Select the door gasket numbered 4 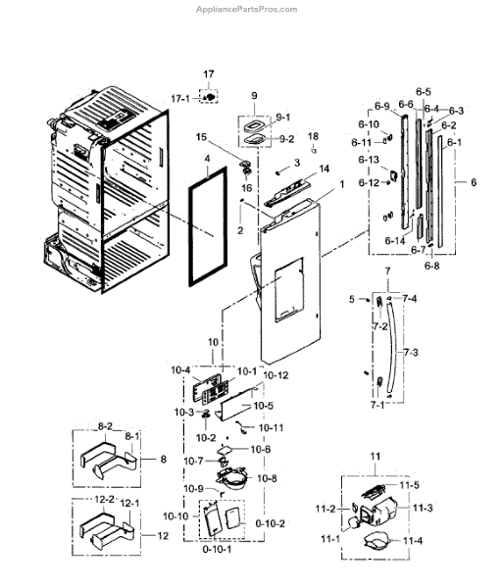206,227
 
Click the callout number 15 201,136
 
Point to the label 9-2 286,139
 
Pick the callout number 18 314,135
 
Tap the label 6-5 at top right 423,91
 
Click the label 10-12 276,376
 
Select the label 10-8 268,477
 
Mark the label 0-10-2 269,523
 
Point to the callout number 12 163,535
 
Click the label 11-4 413,539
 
